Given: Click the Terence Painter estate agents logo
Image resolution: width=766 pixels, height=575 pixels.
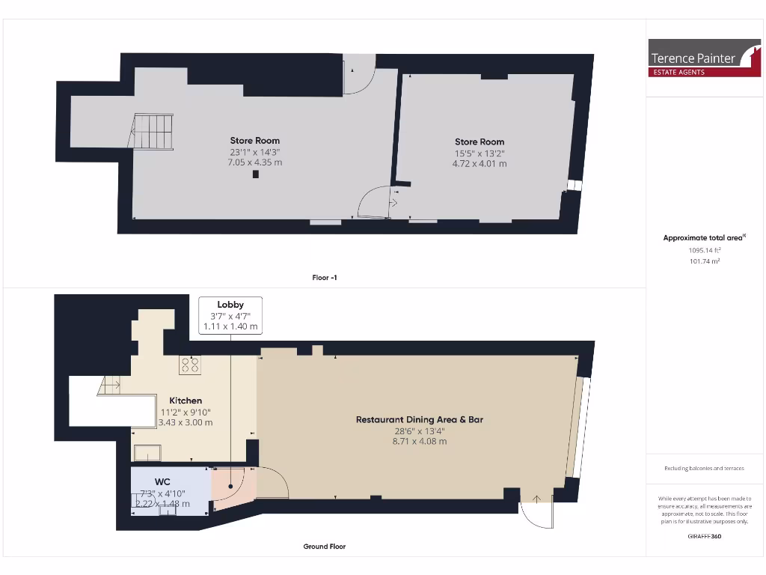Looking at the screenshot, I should click(x=703, y=58).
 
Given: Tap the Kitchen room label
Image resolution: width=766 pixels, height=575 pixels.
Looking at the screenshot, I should click(x=185, y=401).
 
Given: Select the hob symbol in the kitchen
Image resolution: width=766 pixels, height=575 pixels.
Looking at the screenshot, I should click(x=190, y=365).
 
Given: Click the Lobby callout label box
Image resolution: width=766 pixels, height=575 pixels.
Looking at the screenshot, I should click(x=230, y=315).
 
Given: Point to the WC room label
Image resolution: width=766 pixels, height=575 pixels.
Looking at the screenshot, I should click(x=163, y=481).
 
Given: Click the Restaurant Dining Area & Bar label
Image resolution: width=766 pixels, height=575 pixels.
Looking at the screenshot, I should click(x=419, y=419).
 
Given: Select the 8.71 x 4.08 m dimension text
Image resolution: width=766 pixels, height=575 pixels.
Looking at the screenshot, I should click(x=419, y=442).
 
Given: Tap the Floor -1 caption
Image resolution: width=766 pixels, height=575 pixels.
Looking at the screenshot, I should click(x=325, y=278).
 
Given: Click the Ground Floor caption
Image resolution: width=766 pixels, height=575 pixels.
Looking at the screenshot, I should click(x=325, y=547).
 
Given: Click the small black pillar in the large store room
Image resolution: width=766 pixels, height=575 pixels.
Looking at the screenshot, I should click(x=256, y=174).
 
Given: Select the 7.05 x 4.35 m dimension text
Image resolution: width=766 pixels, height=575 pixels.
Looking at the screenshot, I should click(x=255, y=162).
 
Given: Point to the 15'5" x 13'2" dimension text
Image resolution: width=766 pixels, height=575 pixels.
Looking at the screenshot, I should click(x=479, y=153).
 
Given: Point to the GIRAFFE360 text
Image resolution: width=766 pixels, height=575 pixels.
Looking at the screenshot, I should click(x=705, y=536).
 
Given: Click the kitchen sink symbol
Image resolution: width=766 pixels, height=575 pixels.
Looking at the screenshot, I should click(x=147, y=452).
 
